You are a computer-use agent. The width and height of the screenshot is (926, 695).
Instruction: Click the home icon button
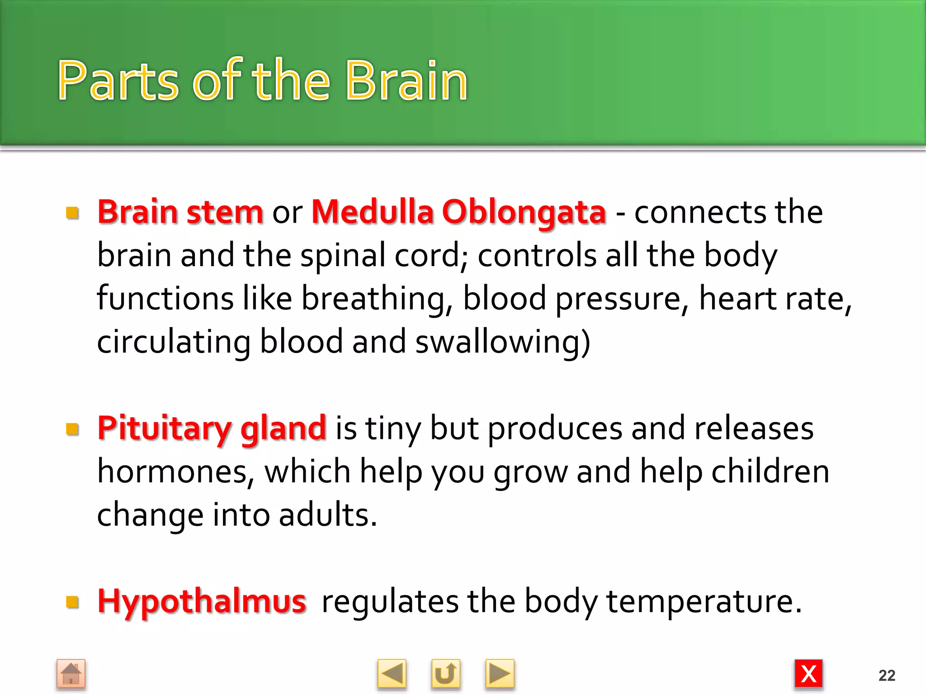pyautogui.click(x=71, y=674)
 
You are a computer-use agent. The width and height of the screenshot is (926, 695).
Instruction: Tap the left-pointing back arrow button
pyautogui.click(x=392, y=674)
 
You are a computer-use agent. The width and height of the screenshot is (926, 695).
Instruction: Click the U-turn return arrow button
pyautogui.click(x=445, y=674)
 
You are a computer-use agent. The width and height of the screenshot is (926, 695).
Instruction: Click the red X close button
pyautogui.click(x=808, y=674)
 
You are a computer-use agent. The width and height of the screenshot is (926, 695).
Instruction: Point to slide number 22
pyautogui.click(x=887, y=676)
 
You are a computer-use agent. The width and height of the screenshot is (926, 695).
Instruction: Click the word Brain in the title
pyautogui.click(x=406, y=81)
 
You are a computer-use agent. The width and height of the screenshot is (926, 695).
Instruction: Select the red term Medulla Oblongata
pyautogui.click(x=458, y=212)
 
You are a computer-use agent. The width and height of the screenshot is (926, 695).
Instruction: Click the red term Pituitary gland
pyautogui.click(x=212, y=428)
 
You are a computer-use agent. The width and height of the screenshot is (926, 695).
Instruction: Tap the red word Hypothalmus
pyautogui.click(x=202, y=601)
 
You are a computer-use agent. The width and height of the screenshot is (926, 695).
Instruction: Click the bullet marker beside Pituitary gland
pyautogui.click(x=72, y=428)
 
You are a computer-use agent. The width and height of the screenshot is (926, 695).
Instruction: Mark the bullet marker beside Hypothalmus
pyautogui.click(x=72, y=602)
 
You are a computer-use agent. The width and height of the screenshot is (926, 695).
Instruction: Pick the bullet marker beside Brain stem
pyautogui.click(x=72, y=212)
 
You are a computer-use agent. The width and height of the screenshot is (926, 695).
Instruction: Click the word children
pyautogui.click(x=770, y=471)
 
